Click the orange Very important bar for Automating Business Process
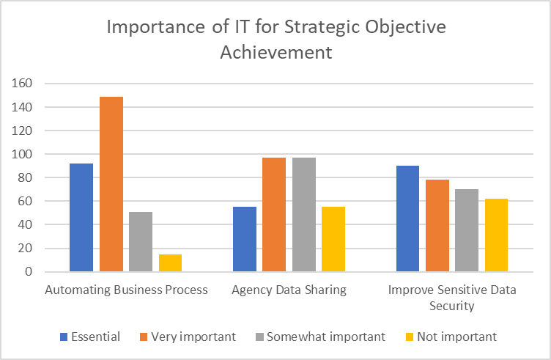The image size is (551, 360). [111, 184]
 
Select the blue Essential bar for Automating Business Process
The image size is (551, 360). [81, 217]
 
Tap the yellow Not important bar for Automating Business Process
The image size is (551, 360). [171, 262]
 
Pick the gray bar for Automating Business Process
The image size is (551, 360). [141, 241]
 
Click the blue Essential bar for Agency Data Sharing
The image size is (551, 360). [245, 239]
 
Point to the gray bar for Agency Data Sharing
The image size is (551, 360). [304, 214]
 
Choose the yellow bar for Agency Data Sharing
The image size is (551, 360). [334, 239]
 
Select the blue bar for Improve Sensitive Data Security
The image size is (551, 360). [408, 218]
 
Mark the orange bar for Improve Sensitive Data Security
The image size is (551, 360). [437, 225]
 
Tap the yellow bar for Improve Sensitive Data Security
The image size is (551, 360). [497, 235]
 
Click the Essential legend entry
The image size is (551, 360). [91, 337]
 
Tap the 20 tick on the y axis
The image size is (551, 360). [26, 248]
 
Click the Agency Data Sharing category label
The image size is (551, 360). [289, 290]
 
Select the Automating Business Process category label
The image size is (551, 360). [126, 290]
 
